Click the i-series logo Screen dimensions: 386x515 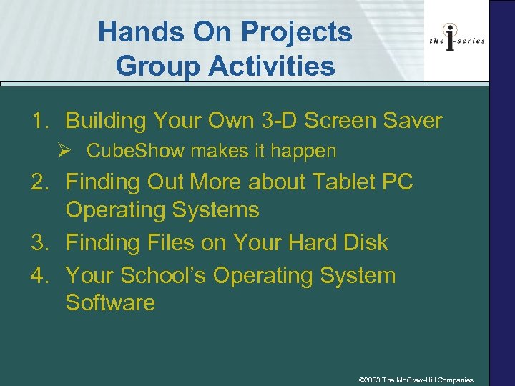point(457,41)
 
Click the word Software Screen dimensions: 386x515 point(110,302)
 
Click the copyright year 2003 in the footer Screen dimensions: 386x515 point(373,380)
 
